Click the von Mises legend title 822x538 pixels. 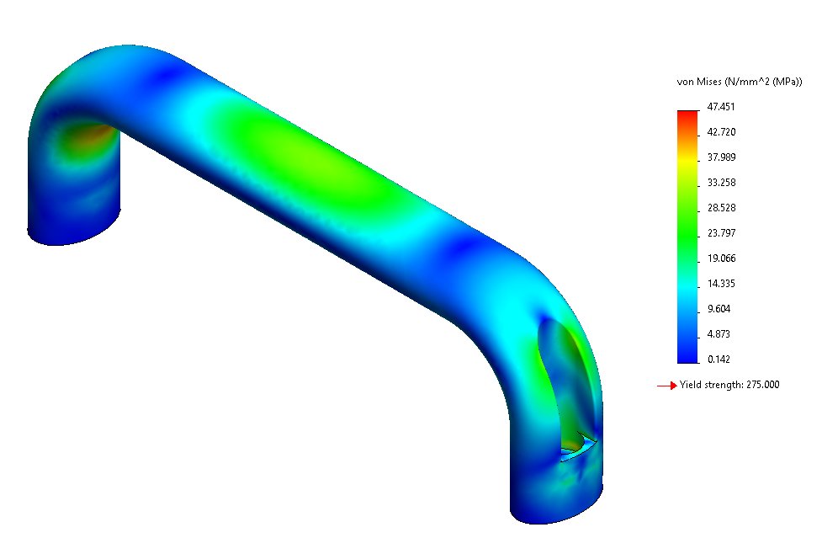click(739, 82)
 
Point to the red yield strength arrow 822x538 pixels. click(666, 386)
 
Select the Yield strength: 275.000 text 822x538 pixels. click(729, 386)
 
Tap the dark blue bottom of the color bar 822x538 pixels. click(687, 357)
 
